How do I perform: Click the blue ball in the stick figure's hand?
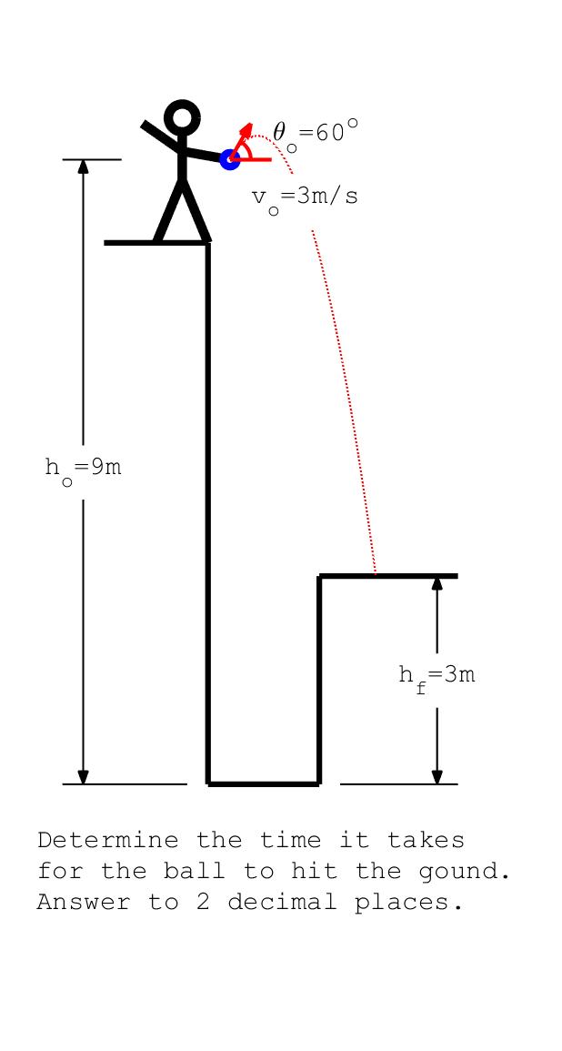pyautogui.click(x=230, y=159)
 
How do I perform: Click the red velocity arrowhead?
pyautogui.click(x=247, y=129)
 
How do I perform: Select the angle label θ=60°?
pyautogui.click(x=315, y=133)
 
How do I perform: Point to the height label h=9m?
pyautogui.click(x=83, y=470)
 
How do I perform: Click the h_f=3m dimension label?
pyautogui.click(x=437, y=677)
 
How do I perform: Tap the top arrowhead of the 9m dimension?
pyautogui.click(x=83, y=167)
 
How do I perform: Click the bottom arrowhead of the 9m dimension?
pyautogui.click(x=83, y=776)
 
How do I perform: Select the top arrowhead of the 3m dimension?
pyautogui.click(x=437, y=583)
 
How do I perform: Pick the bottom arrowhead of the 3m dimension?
pyautogui.click(x=437, y=776)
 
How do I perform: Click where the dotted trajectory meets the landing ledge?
pyautogui.click(x=376, y=575)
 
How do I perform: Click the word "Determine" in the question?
pyautogui.click(x=108, y=840)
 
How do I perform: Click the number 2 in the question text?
pyautogui.click(x=203, y=902)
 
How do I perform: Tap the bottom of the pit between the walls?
pyautogui.click(x=264, y=783)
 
